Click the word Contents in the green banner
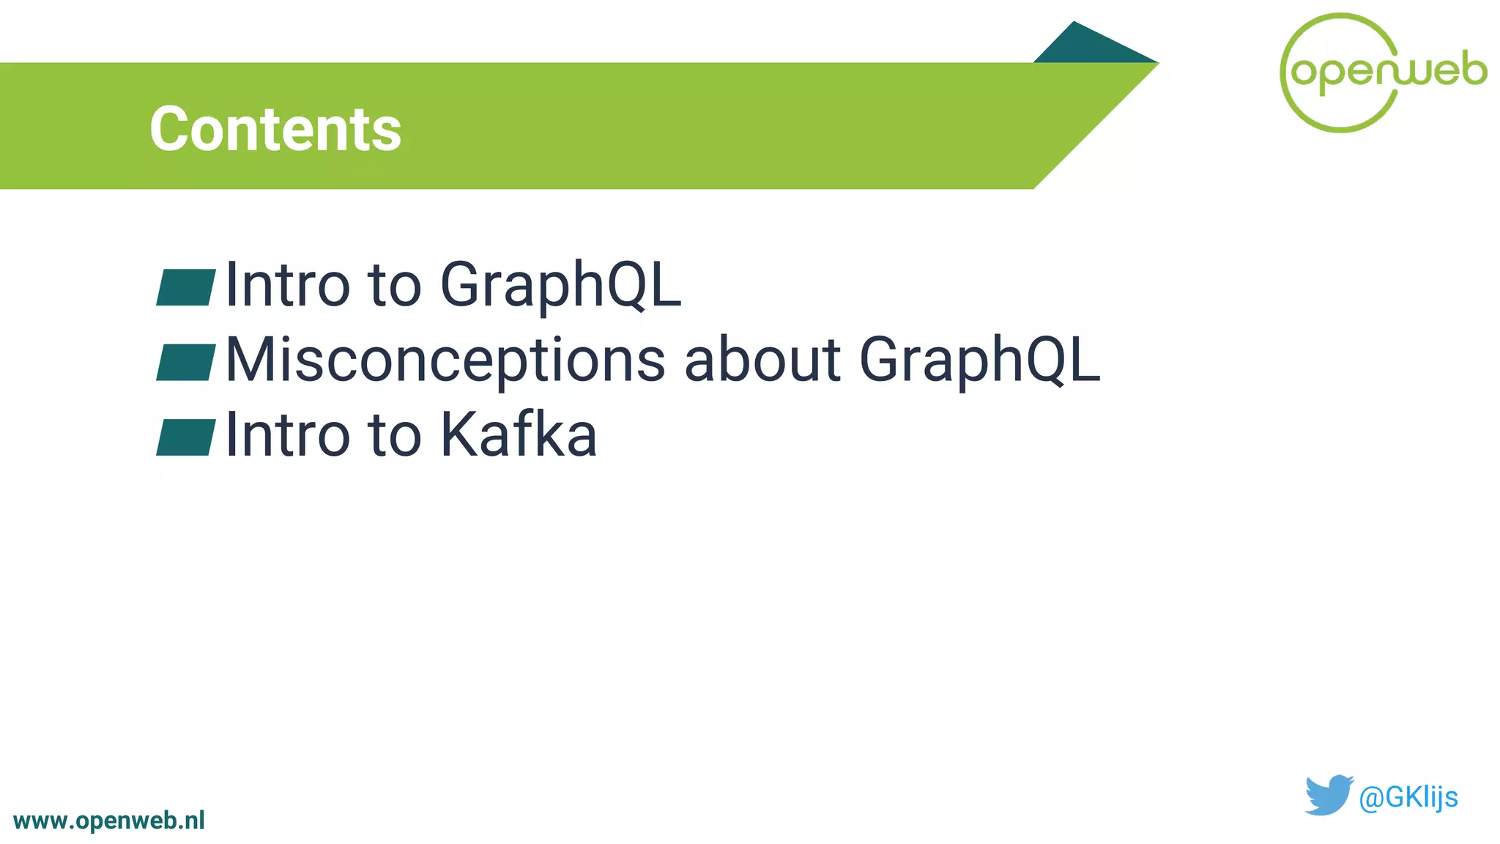[x=275, y=129]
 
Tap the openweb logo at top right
[x=1383, y=72]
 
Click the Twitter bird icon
[x=1328, y=795]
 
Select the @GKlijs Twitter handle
[x=1408, y=797]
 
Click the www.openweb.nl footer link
[x=109, y=821]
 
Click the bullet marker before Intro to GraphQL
[x=186, y=287]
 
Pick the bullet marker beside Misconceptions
[x=186, y=362]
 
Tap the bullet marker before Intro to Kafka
[x=186, y=437]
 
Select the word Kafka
[x=519, y=435]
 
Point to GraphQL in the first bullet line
[x=560, y=286]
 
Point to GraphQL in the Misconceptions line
[x=979, y=360]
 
